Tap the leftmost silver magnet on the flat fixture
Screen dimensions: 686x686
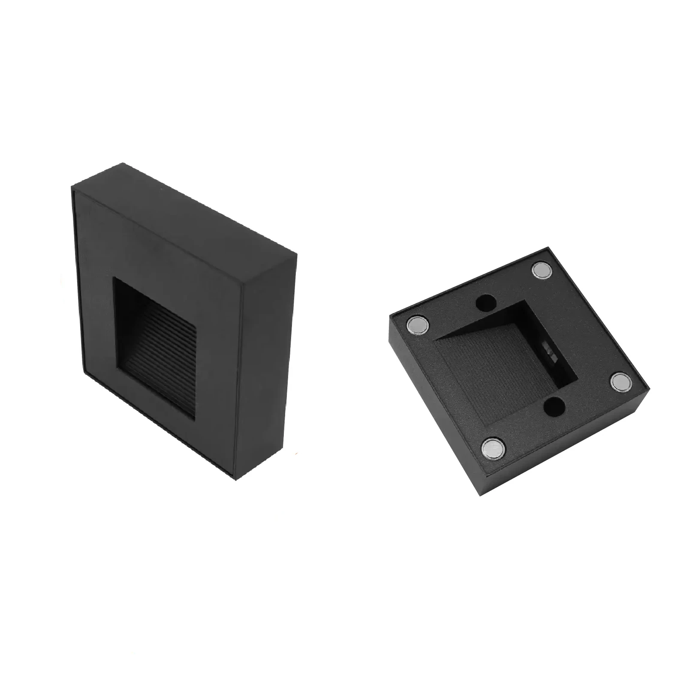pyautogui.click(x=418, y=324)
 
